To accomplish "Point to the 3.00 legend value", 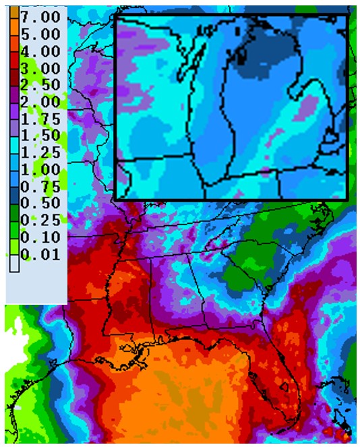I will [x=41, y=68].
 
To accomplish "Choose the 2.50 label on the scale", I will [x=41, y=85].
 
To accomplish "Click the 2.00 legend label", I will [x=41, y=102].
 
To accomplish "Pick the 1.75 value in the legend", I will [x=41, y=119].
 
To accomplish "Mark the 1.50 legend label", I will [x=41, y=136].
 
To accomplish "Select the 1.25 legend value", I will [x=41, y=152].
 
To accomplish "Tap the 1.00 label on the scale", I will [x=41, y=169].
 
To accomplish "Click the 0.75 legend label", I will [x=41, y=187].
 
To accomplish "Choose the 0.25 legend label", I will [x=41, y=220].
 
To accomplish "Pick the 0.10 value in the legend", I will [x=41, y=237].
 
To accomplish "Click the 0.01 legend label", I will [x=41, y=255].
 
